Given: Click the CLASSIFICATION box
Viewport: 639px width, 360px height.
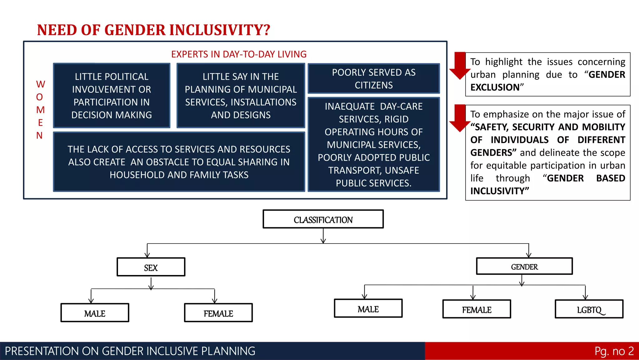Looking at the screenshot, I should (x=323, y=219).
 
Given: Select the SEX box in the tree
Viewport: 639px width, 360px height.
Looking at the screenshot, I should (x=151, y=267).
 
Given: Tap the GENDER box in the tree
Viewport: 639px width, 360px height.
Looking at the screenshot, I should (x=524, y=266).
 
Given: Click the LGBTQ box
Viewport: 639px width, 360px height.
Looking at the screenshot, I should (x=589, y=309).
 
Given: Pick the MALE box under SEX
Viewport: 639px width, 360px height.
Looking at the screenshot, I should (x=95, y=313).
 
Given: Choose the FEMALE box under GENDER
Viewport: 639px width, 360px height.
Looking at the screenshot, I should (x=476, y=309).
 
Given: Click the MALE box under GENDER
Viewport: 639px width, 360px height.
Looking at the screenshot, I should (x=368, y=308).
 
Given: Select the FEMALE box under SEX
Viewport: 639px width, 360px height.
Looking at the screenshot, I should (x=218, y=313).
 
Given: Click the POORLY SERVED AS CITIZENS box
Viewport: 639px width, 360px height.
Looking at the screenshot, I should (x=373, y=79).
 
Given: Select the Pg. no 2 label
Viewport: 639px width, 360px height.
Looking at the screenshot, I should (x=614, y=351).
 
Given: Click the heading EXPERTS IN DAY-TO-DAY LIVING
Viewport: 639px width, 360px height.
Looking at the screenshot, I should (x=239, y=54).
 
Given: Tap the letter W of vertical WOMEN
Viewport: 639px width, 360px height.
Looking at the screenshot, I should (x=40, y=84).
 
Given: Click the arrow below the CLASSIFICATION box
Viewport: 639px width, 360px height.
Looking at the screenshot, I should (x=323, y=236).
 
